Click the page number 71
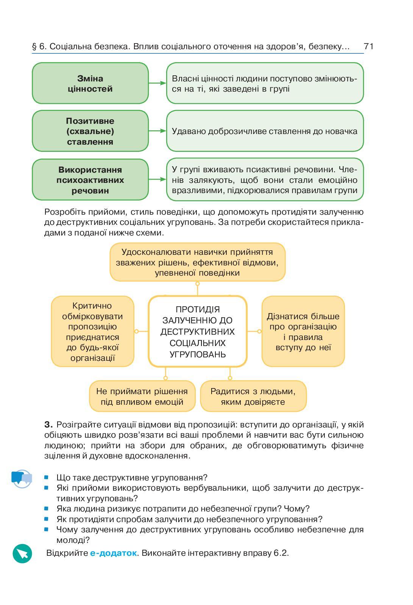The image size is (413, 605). [x=368, y=47]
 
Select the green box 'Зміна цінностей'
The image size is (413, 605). [x=90, y=83]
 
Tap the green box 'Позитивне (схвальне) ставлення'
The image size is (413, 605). [x=90, y=131]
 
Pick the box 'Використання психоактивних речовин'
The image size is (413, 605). [x=90, y=180]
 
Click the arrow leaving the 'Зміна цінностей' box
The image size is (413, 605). [x=157, y=83]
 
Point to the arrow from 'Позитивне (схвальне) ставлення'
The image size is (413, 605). [x=157, y=131]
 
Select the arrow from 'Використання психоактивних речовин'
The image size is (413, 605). [x=157, y=179]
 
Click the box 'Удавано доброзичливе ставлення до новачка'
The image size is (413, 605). [x=265, y=131]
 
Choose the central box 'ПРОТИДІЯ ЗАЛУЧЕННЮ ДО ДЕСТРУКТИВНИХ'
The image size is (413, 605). [x=198, y=332]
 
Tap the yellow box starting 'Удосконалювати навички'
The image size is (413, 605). [x=197, y=262]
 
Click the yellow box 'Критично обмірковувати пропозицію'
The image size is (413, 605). [x=93, y=332]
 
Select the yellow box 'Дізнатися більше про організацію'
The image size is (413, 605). [x=303, y=332]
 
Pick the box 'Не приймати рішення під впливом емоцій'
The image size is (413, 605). [x=142, y=396]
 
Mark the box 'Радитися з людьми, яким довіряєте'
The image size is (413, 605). [x=253, y=396]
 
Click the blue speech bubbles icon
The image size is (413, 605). [x=22, y=479]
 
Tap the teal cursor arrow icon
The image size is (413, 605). [x=22, y=554]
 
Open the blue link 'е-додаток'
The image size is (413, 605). [x=113, y=553]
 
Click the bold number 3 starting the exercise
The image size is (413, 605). [x=48, y=424]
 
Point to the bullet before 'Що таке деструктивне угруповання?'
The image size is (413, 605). [x=47, y=478]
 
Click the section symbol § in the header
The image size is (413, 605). [x=34, y=47]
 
